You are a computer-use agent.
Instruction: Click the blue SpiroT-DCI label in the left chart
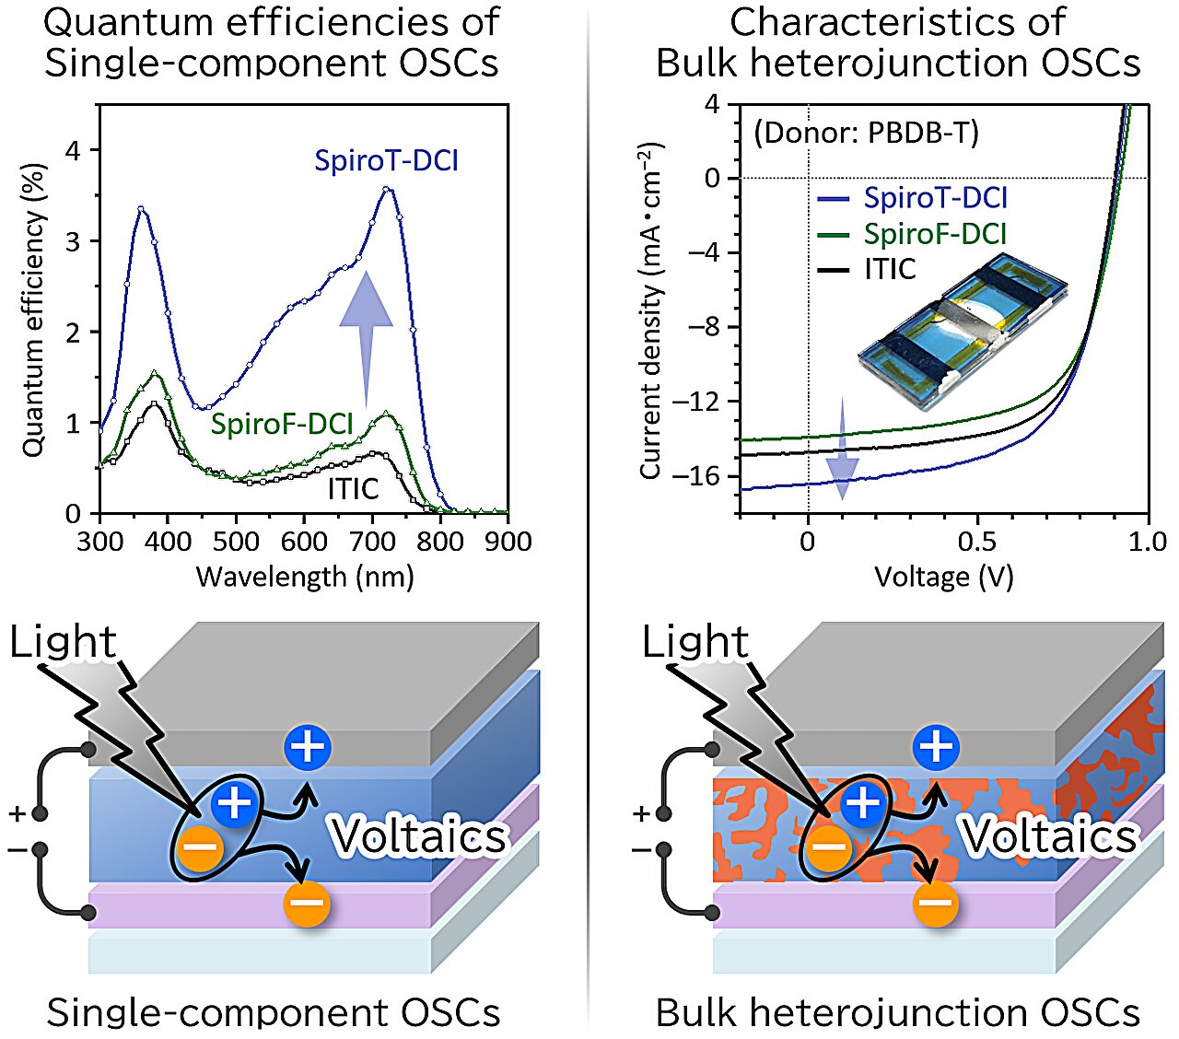pyautogui.click(x=386, y=161)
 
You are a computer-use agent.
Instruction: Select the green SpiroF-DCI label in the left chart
pyautogui.click(x=282, y=424)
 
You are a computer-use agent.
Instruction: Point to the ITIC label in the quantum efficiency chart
pyautogui.click(x=353, y=488)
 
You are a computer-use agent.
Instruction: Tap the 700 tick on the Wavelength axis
pyautogui.click(x=372, y=542)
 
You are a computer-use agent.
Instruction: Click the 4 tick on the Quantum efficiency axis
pyautogui.click(x=73, y=150)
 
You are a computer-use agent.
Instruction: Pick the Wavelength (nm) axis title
pyautogui.click(x=305, y=577)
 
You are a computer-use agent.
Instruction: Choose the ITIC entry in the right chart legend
pyautogui.click(x=890, y=269)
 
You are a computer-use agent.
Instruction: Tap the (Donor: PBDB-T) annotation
pyautogui.click(x=866, y=133)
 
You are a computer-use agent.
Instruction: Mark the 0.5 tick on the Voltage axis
pyautogui.click(x=977, y=542)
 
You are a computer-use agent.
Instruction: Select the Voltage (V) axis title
pyautogui.click(x=943, y=577)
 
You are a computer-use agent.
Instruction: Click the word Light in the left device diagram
pyautogui.click(x=63, y=642)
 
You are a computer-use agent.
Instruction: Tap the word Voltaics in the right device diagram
pyautogui.click(x=1050, y=836)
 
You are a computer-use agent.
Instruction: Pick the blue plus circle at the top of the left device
pyautogui.click(x=308, y=746)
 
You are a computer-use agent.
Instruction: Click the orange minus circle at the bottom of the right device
pyautogui.click(x=936, y=904)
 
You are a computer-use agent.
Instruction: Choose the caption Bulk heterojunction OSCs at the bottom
pyautogui.click(x=897, y=1011)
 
